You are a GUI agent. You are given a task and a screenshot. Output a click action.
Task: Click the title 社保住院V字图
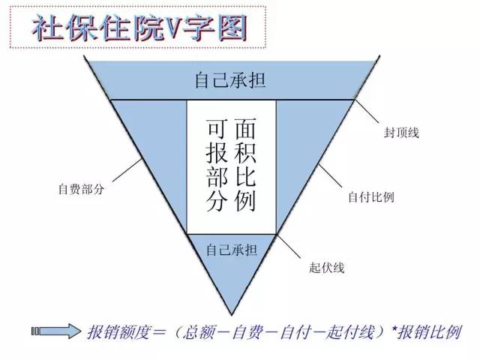tap(139, 28)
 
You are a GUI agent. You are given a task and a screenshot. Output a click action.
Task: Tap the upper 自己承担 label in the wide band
tap(230, 80)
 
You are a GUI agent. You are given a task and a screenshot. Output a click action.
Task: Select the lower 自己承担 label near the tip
tap(232, 250)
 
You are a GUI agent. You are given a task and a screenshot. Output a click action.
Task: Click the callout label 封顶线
tap(401, 133)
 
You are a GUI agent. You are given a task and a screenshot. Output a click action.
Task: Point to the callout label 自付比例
tap(371, 196)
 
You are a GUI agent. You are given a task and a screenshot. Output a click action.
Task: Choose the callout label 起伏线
tap(327, 268)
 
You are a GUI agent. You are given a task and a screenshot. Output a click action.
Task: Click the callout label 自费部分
tap(82, 189)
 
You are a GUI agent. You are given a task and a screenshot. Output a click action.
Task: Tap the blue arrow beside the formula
tap(56, 331)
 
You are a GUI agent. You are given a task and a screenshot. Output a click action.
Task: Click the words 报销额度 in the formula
tap(119, 332)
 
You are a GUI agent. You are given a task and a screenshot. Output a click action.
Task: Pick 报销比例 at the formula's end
tap(429, 332)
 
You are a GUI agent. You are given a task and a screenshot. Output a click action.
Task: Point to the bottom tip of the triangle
tap(232, 315)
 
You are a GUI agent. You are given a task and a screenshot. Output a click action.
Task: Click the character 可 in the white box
tap(217, 128)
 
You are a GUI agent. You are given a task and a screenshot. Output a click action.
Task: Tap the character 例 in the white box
tap(245, 201)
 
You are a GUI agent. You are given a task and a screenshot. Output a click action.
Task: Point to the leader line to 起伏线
tap(289, 246)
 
